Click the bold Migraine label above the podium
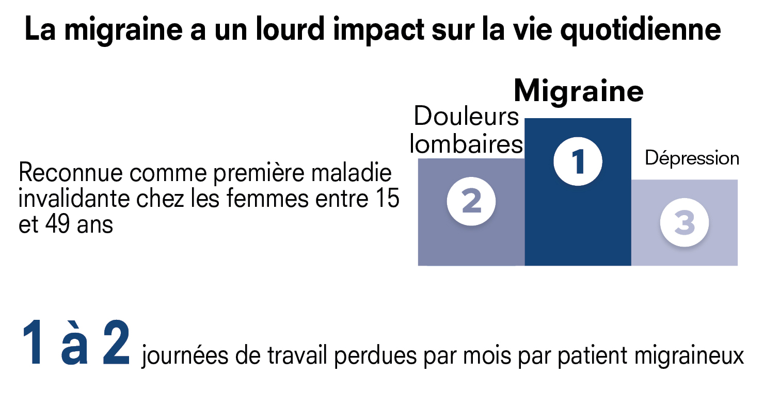[578, 92]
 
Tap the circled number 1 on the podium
[578, 161]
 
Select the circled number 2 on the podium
[471, 201]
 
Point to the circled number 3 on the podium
[685, 223]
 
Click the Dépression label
[692, 158]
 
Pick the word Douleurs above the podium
[466, 117]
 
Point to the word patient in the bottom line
[566, 357]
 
